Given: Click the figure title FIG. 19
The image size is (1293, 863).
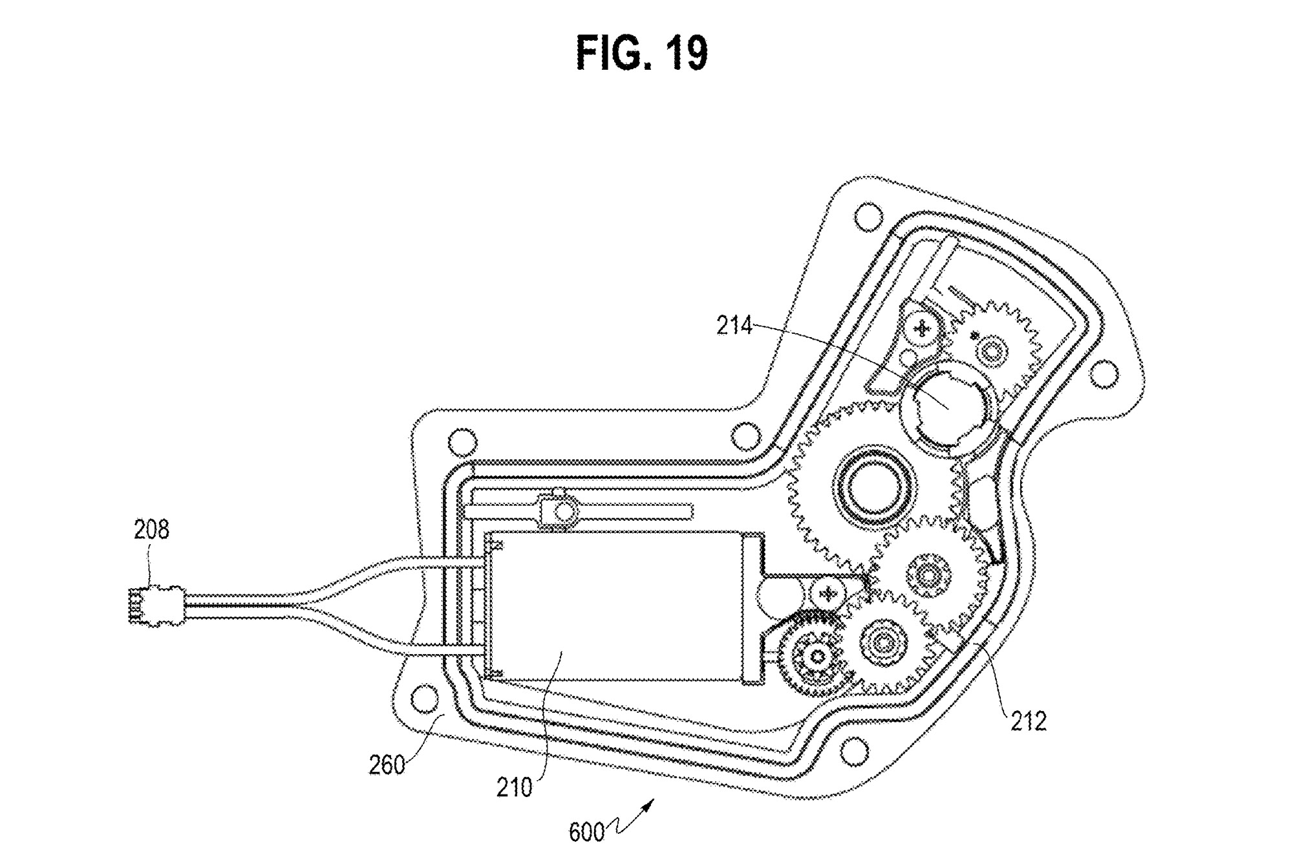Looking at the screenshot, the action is pyautogui.click(x=642, y=54).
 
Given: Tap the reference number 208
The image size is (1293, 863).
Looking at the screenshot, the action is pyautogui.click(x=151, y=530).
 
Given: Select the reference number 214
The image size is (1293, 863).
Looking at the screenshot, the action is pyautogui.click(x=734, y=325).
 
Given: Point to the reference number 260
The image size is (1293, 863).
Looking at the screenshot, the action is pyautogui.click(x=387, y=765).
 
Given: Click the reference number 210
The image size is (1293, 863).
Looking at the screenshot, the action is pyautogui.click(x=515, y=787).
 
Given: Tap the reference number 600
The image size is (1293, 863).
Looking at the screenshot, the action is pyautogui.click(x=586, y=832).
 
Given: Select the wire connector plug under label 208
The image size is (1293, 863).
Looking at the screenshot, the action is pyautogui.click(x=155, y=605).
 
